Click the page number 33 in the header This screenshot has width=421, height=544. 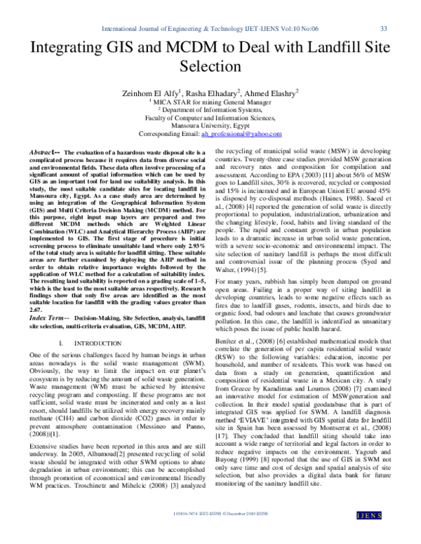[x=383, y=29]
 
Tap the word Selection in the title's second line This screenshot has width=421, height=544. [x=210, y=69]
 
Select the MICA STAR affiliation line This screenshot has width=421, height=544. [x=210, y=102]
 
